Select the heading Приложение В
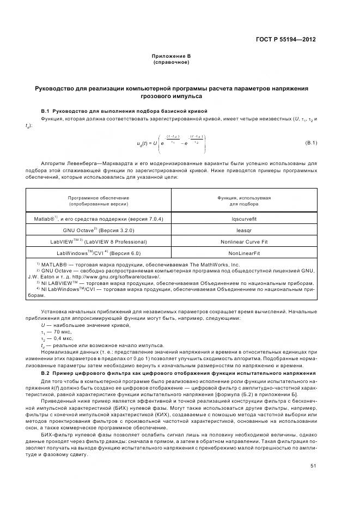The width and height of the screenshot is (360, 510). coord(171,56)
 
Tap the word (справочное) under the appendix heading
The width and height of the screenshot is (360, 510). coord(171,62)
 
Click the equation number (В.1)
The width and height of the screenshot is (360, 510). coord(310,143)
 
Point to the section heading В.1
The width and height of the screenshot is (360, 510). coord(124,111)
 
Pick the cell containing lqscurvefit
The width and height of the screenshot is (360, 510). coord(243,218)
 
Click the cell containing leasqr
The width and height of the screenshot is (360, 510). coord(243,229)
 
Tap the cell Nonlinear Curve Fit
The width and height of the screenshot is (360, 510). coord(243,241)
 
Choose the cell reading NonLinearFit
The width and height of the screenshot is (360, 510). coord(243,253)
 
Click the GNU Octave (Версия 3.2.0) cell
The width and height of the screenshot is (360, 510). coord(98,229)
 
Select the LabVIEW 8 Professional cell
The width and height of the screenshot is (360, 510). coord(98,241)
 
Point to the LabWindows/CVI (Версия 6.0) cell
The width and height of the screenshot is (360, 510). coord(98,253)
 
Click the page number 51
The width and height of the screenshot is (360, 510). coord(313,465)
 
